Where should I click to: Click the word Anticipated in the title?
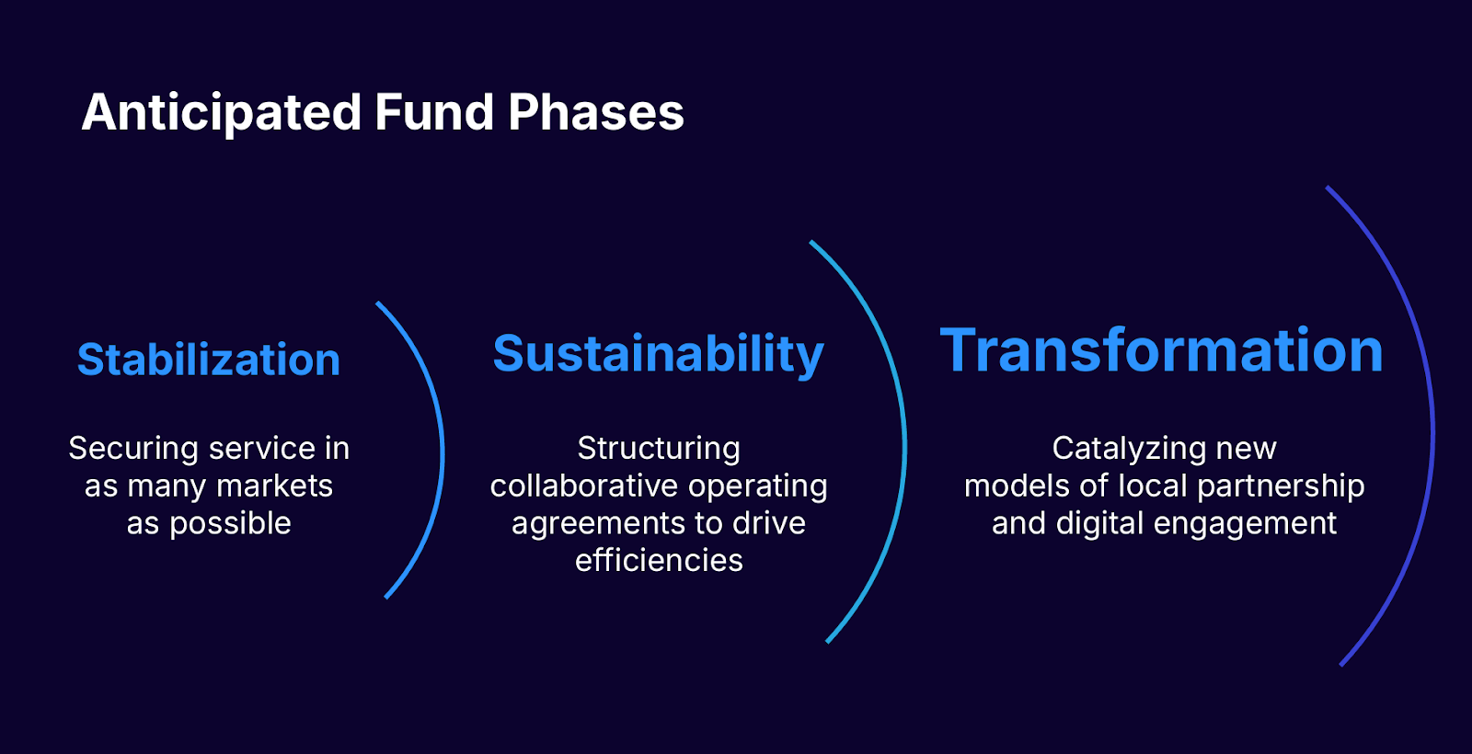coord(222,113)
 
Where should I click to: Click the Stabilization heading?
coord(209,359)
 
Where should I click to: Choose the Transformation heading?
coord(1162,350)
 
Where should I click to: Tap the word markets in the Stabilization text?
coord(275,486)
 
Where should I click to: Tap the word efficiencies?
coord(659,561)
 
